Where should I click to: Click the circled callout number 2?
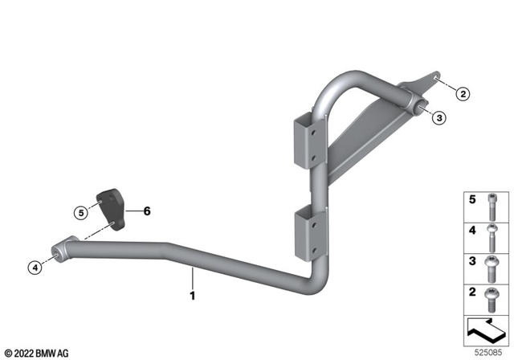(x=463, y=94)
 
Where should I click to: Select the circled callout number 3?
(x=439, y=117)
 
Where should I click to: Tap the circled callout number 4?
(x=35, y=268)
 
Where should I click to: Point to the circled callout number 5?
(x=81, y=213)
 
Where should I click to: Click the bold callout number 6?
(x=147, y=211)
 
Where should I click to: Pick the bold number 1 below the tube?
(x=193, y=296)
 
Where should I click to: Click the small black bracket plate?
(x=111, y=210)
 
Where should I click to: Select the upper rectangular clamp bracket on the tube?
(x=309, y=141)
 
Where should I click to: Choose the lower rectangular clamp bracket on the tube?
(x=311, y=234)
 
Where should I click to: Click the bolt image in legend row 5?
(x=492, y=207)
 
